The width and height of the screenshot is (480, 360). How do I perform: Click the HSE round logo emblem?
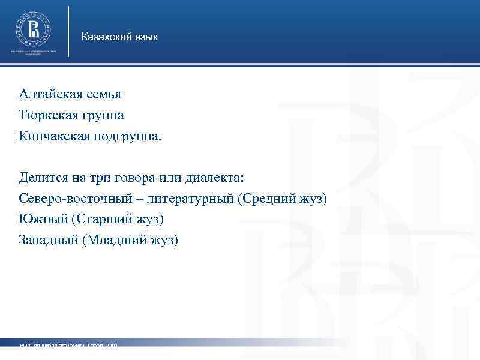tap(34, 27)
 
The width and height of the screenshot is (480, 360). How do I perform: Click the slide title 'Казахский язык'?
tap(120, 38)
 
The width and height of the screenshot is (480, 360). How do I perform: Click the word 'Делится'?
tap(41, 178)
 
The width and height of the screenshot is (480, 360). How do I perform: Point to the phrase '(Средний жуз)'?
tap(282, 199)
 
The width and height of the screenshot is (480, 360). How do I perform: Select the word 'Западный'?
tap(48, 240)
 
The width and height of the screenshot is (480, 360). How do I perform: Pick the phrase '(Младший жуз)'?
tap(131, 240)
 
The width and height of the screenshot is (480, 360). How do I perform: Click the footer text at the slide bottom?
tap(68, 347)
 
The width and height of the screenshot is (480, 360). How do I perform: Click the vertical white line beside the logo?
tap(69, 31)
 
